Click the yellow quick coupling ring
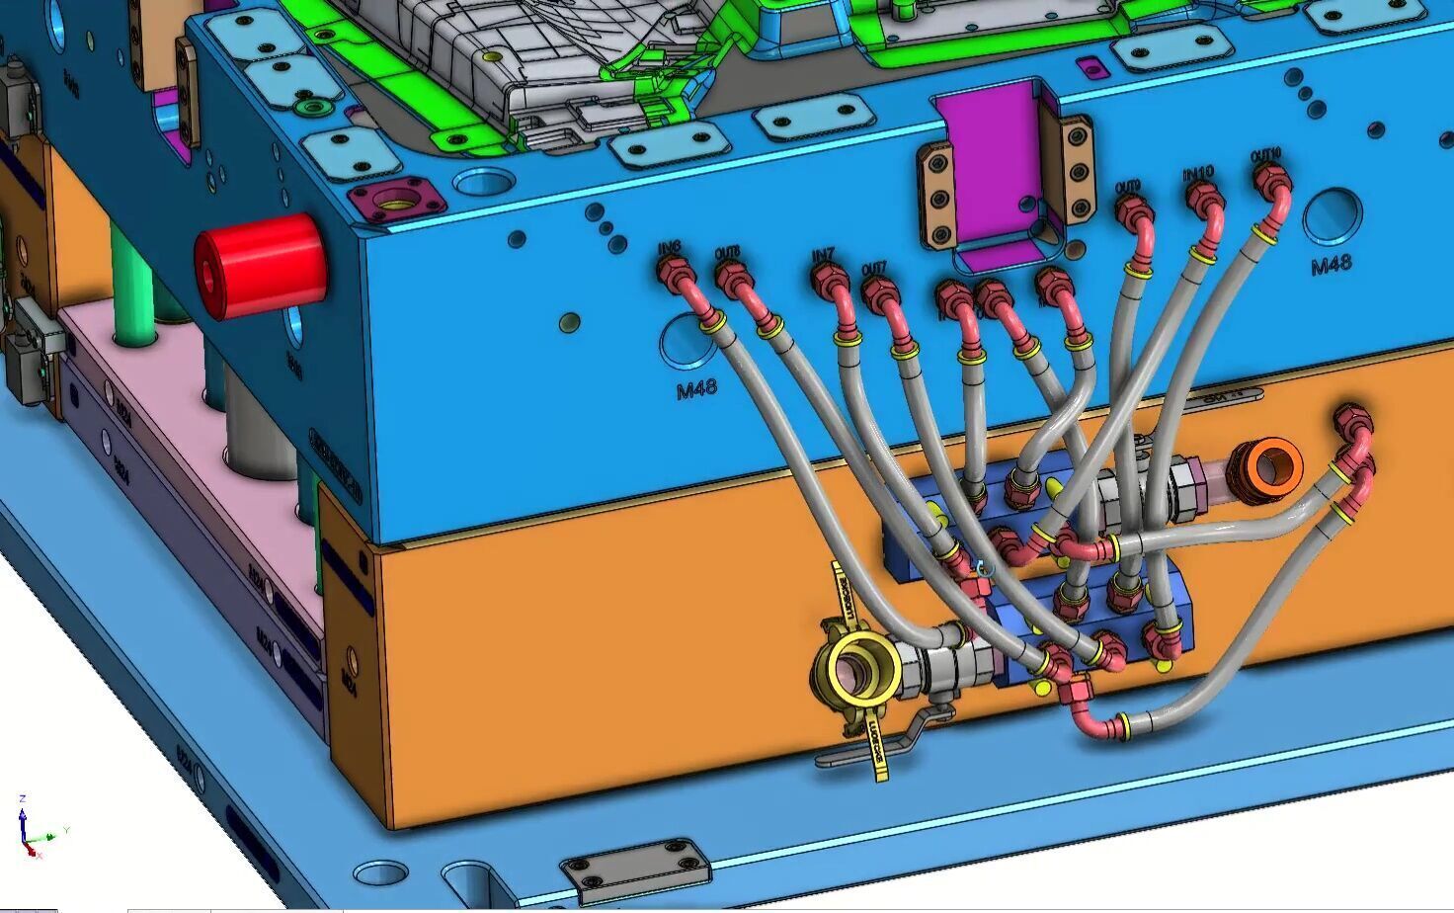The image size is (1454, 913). coord(856,671)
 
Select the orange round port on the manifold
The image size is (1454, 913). coord(1270,463)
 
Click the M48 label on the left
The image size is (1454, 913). coord(696,390)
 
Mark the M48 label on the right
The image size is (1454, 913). coord(1331,266)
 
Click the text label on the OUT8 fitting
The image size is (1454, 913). coord(729,252)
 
